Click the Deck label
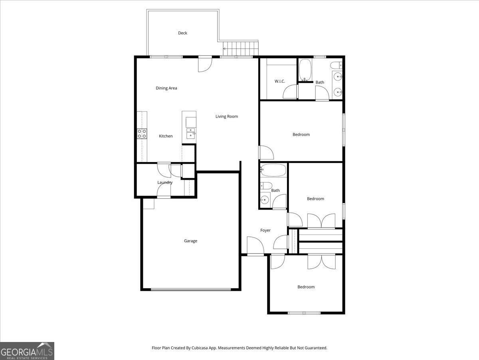(182, 33)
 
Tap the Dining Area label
(166, 88)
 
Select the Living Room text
(227, 117)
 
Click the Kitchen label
(166, 136)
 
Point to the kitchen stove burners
(142, 134)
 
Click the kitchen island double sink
(191, 132)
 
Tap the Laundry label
(165, 183)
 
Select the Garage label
(190, 241)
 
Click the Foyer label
(265, 230)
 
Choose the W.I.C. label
(279, 82)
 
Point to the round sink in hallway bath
(264, 200)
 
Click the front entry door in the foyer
(255, 246)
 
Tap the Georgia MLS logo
(27, 351)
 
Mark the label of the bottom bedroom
(306, 287)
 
